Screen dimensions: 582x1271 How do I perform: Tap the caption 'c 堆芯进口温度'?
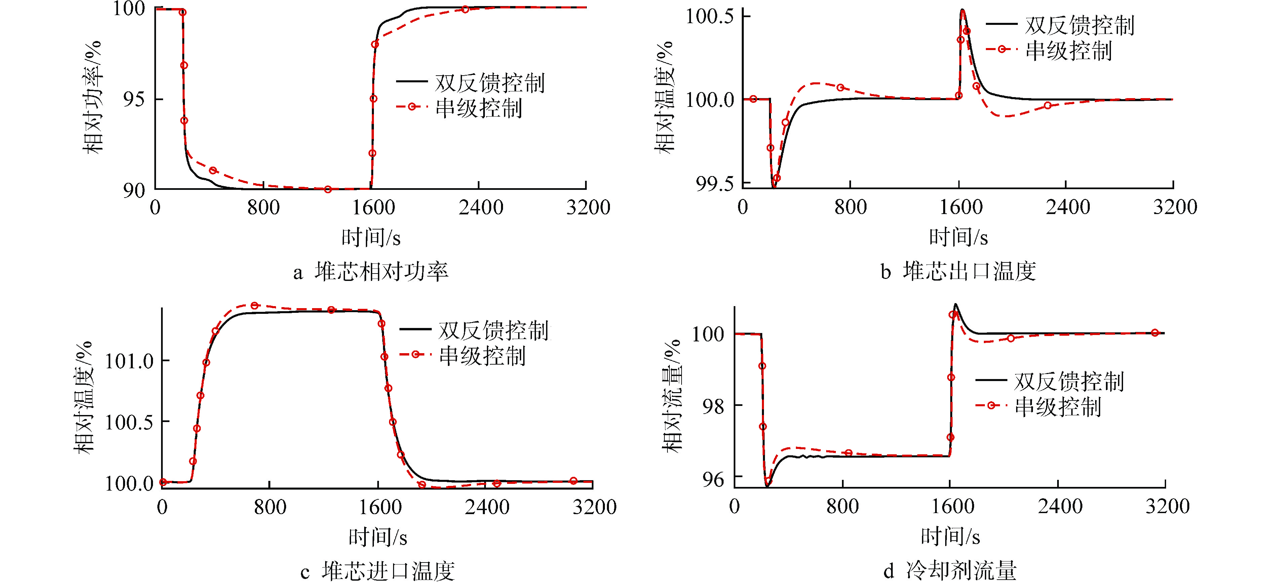pos(378,571)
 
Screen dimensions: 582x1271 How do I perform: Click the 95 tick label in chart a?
pos(134,99)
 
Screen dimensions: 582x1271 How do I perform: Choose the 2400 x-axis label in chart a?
pos(480,207)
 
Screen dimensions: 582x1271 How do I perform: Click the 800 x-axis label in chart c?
pos(270,507)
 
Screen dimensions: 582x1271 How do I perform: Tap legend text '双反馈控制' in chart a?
pos(490,83)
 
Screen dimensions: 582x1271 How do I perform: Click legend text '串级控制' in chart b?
pos(1069,51)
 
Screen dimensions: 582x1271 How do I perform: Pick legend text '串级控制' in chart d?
pos(1058,407)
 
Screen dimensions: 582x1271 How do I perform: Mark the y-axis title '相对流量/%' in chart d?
pos(672,396)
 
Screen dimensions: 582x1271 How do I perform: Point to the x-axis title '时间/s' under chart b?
pos(958,237)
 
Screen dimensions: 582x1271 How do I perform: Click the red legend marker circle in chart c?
pos(416,354)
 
